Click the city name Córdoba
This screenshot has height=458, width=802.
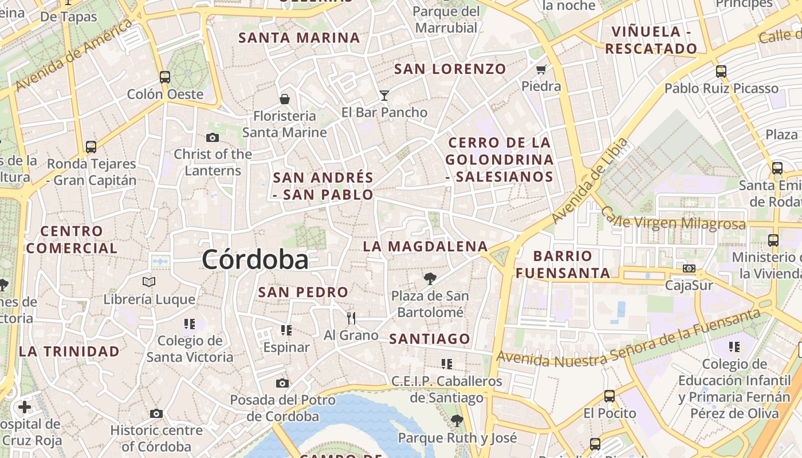[255, 260]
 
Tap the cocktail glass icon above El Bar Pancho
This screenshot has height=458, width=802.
[384, 95]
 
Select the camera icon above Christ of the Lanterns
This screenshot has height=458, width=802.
[213, 137]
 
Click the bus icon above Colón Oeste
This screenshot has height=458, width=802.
[165, 77]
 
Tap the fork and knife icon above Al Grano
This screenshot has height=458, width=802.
[351, 318]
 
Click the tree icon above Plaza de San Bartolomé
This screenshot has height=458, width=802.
[430, 279]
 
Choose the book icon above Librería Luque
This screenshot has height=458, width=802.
[149, 282]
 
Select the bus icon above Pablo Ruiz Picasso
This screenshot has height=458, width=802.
[721, 72]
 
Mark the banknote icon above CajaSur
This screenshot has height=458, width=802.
[689, 268]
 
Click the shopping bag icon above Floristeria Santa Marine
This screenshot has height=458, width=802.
[284, 99]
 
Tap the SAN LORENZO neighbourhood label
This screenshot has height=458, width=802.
[450, 69]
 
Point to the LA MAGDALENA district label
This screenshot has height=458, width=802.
[425, 247]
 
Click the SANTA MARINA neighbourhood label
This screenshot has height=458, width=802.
[299, 38]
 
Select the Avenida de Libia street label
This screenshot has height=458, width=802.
[590, 181]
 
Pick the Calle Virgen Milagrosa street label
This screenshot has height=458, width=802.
[673, 221]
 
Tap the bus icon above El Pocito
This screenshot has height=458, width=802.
[610, 396]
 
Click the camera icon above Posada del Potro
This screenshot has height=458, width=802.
[282, 383]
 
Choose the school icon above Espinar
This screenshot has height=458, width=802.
[286, 330]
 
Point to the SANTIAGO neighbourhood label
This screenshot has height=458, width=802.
[430, 339]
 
